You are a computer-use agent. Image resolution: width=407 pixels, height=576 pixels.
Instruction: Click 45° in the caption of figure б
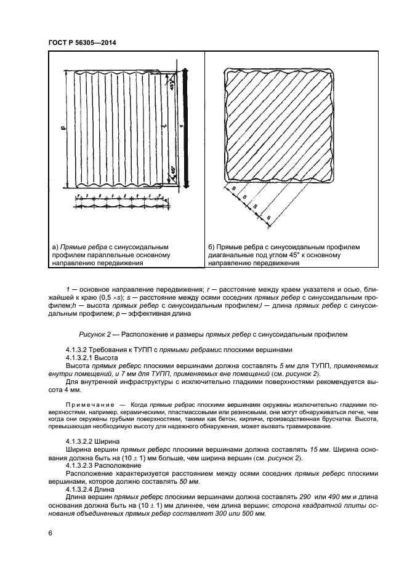click(x=292, y=255)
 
